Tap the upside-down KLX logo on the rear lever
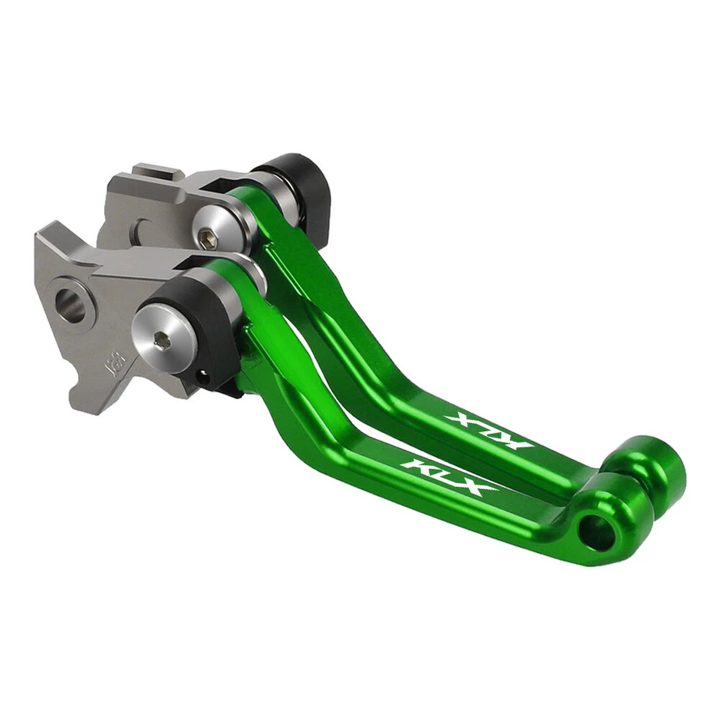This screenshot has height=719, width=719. (x=488, y=431)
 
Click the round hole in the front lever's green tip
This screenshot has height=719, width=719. (x=597, y=532)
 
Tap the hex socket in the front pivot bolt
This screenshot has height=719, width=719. (x=162, y=341)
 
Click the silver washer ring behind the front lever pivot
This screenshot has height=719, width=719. (x=251, y=273)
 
